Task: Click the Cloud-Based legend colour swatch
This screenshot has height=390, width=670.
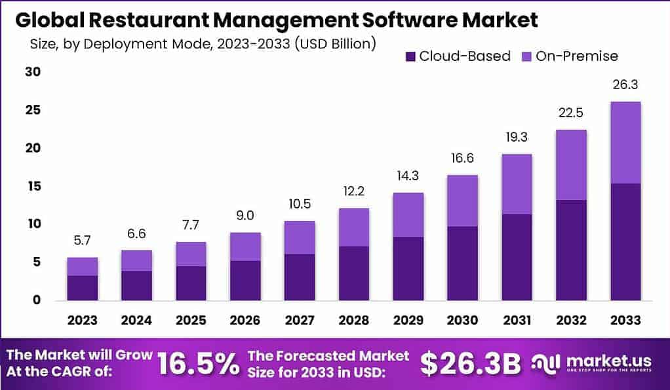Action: coord(410,56)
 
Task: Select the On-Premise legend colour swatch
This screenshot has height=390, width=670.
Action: coord(526,56)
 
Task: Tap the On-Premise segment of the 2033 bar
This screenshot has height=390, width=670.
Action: coord(625,143)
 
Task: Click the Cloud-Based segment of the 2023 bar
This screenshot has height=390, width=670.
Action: coord(83,288)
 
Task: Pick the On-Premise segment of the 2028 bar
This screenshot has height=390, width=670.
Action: coord(354,227)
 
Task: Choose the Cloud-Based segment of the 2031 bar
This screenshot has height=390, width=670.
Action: coord(517,257)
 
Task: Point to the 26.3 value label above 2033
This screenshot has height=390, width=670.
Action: coord(625,85)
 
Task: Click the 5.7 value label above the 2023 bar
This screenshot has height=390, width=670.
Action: coord(83,241)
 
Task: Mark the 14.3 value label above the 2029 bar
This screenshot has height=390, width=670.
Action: coord(408,176)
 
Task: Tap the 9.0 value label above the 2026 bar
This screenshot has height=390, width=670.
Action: coord(245,216)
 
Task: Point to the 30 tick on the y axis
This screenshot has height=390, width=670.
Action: coord(33,72)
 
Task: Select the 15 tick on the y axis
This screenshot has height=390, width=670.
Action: coord(33,186)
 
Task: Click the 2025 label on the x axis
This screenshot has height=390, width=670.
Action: coord(191,320)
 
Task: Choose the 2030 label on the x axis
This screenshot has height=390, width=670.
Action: coord(462,320)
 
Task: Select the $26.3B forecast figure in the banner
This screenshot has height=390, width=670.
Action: coord(470,364)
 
